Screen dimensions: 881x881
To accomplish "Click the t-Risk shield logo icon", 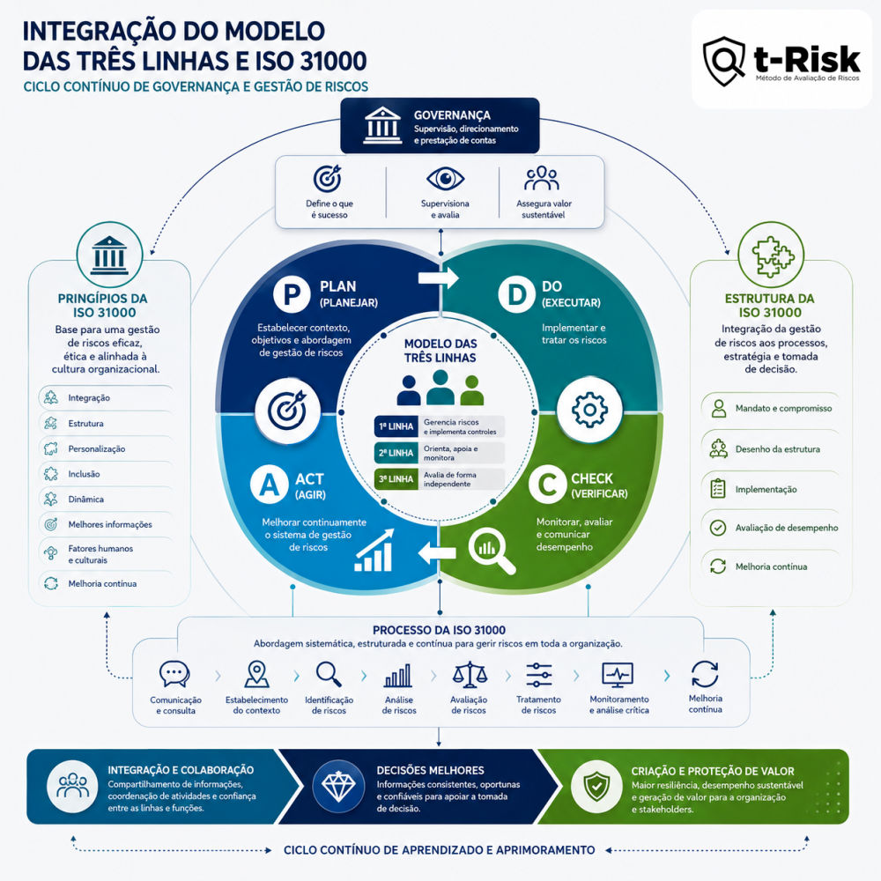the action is pyautogui.click(x=724, y=62).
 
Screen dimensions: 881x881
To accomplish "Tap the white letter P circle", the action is pyautogui.click(x=292, y=294).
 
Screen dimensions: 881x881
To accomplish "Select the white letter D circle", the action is pyautogui.click(x=516, y=294).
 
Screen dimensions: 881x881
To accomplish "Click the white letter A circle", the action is pyautogui.click(x=269, y=485).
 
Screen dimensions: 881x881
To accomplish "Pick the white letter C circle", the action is pyautogui.click(x=547, y=485).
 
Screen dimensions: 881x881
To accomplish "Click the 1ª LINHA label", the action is pyautogui.click(x=396, y=426).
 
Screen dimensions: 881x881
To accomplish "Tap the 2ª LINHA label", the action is pyautogui.click(x=396, y=453).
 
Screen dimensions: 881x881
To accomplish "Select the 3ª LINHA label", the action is pyautogui.click(x=396, y=479).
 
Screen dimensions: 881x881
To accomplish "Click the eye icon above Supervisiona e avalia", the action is pyautogui.click(x=445, y=179).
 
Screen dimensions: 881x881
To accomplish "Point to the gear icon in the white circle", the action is pyautogui.click(x=589, y=411).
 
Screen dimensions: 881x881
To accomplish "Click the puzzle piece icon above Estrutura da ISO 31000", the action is pyautogui.click(x=773, y=256).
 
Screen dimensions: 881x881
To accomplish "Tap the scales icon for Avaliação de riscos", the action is pyautogui.click(x=470, y=675).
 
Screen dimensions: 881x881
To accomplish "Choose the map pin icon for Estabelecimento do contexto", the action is pyautogui.click(x=256, y=674).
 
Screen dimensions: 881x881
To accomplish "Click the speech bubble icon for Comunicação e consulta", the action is pyautogui.click(x=174, y=674).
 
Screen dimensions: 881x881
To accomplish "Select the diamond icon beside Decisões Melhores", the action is pyautogui.click(x=338, y=787).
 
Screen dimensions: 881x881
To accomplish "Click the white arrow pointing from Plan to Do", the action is pyautogui.click(x=438, y=278).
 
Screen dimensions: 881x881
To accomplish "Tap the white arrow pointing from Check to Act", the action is pyautogui.click(x=437, y=553).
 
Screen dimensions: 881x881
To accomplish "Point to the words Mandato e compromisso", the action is pyautogui.click(x=783, y=409).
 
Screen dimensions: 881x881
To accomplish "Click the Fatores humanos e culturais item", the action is pyautogui.click(x=100, y=554).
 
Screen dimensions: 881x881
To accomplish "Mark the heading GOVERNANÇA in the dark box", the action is pyautogui.click(x=452, y=115).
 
